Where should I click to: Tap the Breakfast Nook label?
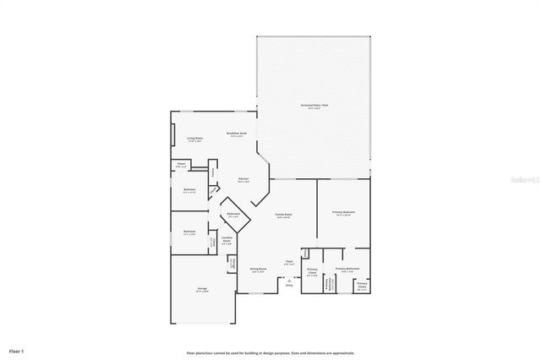[x=237, y=134]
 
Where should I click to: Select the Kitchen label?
[x=243, y=179]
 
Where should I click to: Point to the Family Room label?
[x=284, y=215]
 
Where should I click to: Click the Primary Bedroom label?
[x=343, y=213]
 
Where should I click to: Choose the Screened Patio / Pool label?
[x=314, y=106]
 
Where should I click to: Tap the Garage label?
[x=203, y=290]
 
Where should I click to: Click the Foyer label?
[x=289, y=263]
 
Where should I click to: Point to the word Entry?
[x=289, y=286]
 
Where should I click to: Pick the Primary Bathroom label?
[x=347, y=270]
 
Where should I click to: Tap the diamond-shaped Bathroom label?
[x=234, y=215]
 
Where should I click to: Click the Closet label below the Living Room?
[x=182, y=165]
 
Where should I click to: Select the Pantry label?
[x=213, y=174]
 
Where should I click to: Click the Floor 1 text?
[x=17, y=350]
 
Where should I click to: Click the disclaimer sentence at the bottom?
[x=270, y=352]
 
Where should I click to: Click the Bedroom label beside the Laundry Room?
[x=190, y=232]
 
